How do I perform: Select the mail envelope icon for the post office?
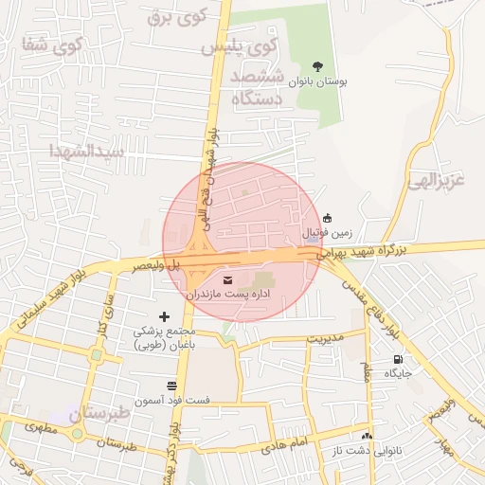227,279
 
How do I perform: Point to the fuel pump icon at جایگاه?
398,359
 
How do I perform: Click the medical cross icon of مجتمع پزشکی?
165,316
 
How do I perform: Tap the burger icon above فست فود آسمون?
171,386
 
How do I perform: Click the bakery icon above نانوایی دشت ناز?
368,436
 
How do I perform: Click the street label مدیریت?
320,338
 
